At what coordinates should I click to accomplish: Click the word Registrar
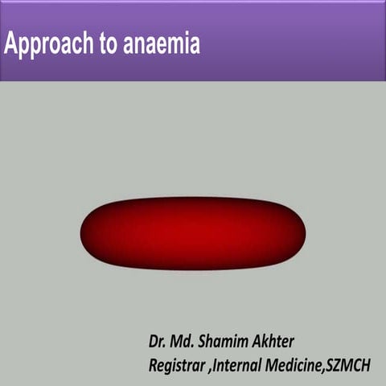178,364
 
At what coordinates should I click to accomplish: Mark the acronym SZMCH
349,364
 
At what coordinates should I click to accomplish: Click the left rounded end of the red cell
88,232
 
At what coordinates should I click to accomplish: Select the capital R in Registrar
153,364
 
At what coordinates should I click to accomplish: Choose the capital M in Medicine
273,364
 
